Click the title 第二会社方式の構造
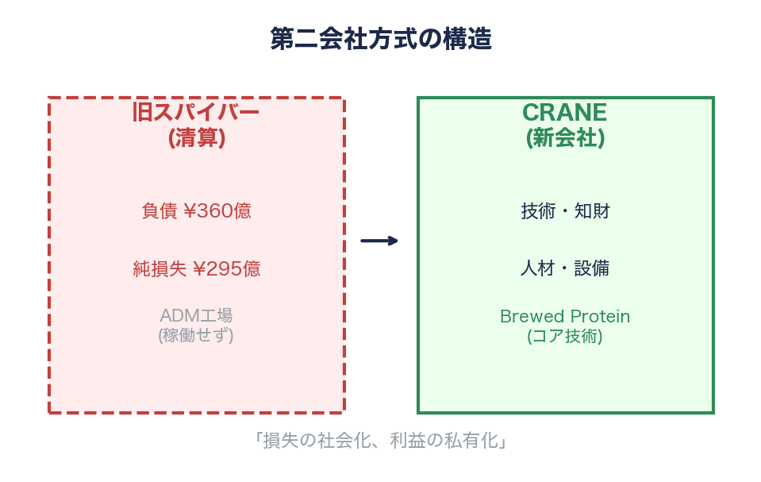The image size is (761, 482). [x=381, y=39]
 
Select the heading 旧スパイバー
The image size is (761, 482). [x=196, y=113]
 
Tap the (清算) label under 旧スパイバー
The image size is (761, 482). [x=196, y=138]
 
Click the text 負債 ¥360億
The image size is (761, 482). [x=196, y=211]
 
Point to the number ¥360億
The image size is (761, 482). [x=217, y=211]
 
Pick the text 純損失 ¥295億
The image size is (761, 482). [x=196, y=268]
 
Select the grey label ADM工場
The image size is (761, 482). [x=196, y=315]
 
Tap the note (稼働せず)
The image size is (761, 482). [x=196, y=335]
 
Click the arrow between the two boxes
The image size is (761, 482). [x=379, y=241]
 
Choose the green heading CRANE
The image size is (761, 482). [x=565, y=113]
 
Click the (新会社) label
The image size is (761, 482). [x=565, y=138]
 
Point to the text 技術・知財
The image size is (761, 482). [x=565, y=211]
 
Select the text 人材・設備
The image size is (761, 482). [x=565, y=268]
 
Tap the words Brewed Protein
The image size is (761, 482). [x=565, y=316]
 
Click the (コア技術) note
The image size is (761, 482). [x=565, y=336]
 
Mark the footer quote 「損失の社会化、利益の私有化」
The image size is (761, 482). [x=381, y=441]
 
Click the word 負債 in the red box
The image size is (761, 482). [x=160, y=211]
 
